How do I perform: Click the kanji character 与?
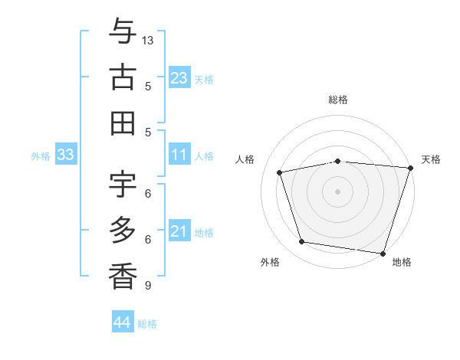click(123, 32)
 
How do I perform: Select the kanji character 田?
click(123, 123)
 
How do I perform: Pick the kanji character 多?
click(123, 230)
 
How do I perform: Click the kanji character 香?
click(123, 276)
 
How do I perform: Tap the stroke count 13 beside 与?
click(149, 39)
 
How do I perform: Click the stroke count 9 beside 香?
click(147, 286)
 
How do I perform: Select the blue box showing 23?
click(179, 78)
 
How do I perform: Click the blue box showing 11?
click(179, 155)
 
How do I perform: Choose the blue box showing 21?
click(179, 231)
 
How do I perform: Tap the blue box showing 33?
click(66, 155)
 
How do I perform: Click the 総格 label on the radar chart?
click(338, 100)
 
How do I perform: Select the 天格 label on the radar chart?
click(431, 159)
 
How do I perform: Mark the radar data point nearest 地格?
click(383, 253)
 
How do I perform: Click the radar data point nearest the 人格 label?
click(281, 172)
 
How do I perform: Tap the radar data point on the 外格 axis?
click(302, 242)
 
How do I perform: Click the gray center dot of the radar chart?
click(338, 191)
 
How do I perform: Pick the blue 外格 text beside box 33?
click(41, 156)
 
